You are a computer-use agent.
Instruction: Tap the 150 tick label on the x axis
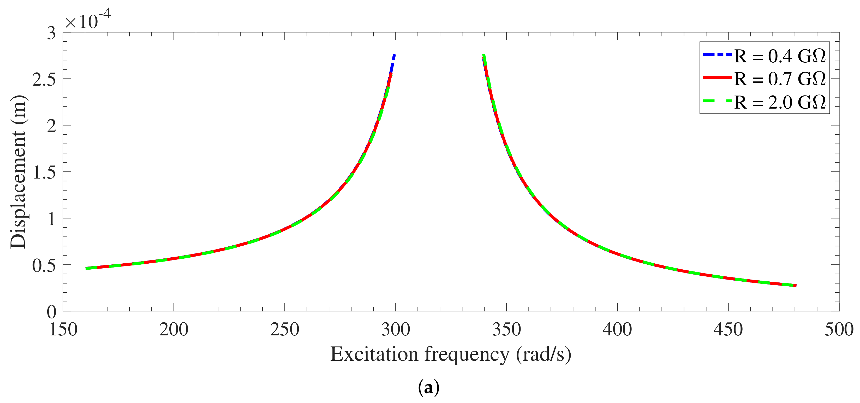pyautogui.click(x=63, y=330)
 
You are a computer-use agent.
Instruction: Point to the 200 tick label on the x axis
pyautogui.click(x=174, y=330)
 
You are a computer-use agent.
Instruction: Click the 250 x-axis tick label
pyautogui.click(x=284, y=330)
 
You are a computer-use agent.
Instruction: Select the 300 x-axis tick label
pyautogui.click(x=396, y=330)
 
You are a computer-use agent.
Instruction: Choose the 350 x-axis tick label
pyautogui.click(x=506, y=330)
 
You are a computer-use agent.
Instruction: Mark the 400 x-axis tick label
pyautogui.click(x=617, y=330)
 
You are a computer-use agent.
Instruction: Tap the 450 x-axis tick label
pyautogui.click(x=728, y=330)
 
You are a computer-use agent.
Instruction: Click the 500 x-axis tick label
pyautogui.click(x=839, y=330)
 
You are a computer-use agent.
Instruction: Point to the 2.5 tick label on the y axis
pyautogui.click(x=44, y=79)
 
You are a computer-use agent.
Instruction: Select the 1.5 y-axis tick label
pyautogui.click(x=44, y=172)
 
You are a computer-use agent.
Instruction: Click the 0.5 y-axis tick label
pyautogui.click(x=44, y=265)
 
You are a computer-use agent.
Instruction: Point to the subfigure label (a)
pyautogui.click(x=429, y=388)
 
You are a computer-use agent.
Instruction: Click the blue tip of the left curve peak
pyautogui.click(x=394, y=56)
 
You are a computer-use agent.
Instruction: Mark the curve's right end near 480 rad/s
pyautogui.click(x=796, y=286)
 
